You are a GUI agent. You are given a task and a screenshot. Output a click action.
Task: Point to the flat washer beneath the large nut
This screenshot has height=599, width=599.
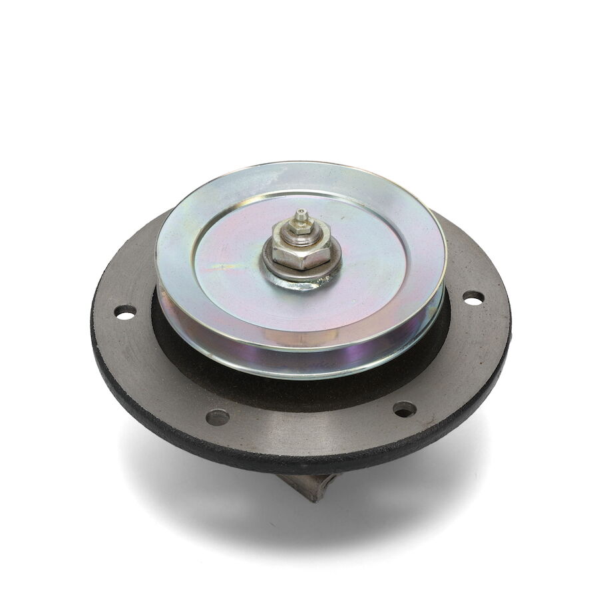[x=272, y=263]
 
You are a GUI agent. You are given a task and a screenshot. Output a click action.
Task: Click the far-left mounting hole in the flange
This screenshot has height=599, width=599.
[x=125, y=311]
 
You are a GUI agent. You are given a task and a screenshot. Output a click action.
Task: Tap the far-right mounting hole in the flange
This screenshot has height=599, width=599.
[x=473, y=298]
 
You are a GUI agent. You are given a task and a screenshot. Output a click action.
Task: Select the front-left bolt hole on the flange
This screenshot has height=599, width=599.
[x=218, y=417]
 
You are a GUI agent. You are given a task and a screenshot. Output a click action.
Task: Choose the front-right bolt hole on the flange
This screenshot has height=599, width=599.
[x=404, y=409]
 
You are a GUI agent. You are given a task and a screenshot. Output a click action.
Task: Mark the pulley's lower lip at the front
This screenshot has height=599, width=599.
[x=299, y=373]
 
